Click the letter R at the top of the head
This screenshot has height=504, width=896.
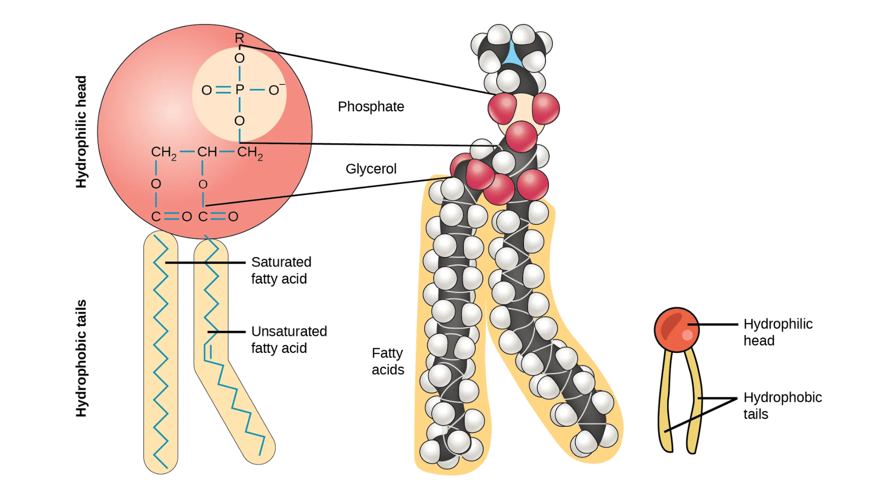pos(239,38)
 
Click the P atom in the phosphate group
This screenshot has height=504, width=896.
pos(239,90)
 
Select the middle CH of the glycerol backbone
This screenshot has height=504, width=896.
pos(207,152)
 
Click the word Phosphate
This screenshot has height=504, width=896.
pos(371,107)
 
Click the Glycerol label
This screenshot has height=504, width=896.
pos(371,169)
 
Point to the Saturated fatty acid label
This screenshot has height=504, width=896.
pos(280,270)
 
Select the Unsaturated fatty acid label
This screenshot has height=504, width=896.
pos(288,340)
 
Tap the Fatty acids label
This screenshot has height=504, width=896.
pos(387,361)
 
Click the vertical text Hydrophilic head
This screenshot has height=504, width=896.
pos(81,132)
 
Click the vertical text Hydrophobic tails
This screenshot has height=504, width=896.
pos(81,358)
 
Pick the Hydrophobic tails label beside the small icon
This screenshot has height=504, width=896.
pos(782,406)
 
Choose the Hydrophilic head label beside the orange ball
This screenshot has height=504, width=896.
pos(777,332)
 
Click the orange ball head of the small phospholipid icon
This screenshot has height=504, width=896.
pos(676,329)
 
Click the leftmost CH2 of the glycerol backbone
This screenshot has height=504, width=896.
pos(163,153)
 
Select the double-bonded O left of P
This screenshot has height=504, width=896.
pos(206,90)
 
